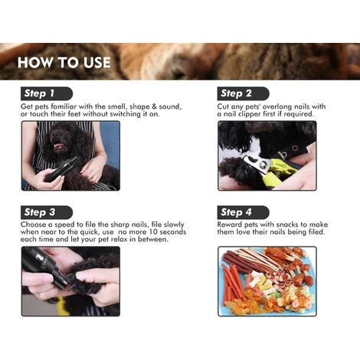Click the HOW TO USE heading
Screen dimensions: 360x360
(64, 62)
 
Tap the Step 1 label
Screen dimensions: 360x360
(39, 93)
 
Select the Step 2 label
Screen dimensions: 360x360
(236, 93)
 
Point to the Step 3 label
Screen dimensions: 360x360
(40, 212)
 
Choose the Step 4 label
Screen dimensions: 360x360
(236, 212)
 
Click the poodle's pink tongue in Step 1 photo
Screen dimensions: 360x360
(58, 146)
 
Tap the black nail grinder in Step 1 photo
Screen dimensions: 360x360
(61, 169)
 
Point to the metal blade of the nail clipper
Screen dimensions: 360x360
(257, 164)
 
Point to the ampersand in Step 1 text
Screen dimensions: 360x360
(154, 106)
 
